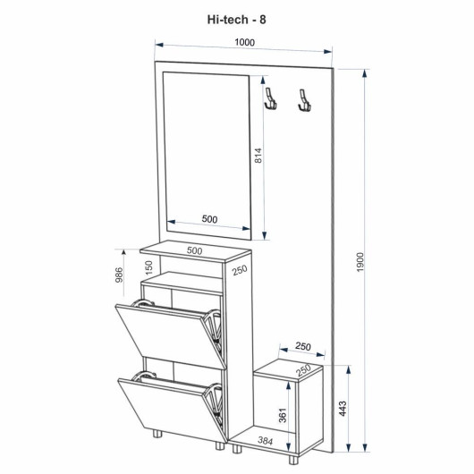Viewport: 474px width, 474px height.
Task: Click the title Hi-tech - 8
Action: coord(236,20)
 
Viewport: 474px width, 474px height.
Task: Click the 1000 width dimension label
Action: coord(245,42)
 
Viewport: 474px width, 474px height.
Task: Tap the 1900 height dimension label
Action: coord(360,262)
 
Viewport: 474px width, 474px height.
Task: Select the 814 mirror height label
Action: coord(258,156)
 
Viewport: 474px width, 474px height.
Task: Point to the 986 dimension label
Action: coord(120,275)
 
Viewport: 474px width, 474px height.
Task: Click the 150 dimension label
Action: coord(149,267)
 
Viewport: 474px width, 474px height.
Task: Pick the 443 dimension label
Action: coord(343,409)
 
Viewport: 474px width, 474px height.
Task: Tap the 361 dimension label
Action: coord(282,415)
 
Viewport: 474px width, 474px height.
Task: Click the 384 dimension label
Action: coord(265,441)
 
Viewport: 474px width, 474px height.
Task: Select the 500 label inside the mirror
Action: coord(209,219)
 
